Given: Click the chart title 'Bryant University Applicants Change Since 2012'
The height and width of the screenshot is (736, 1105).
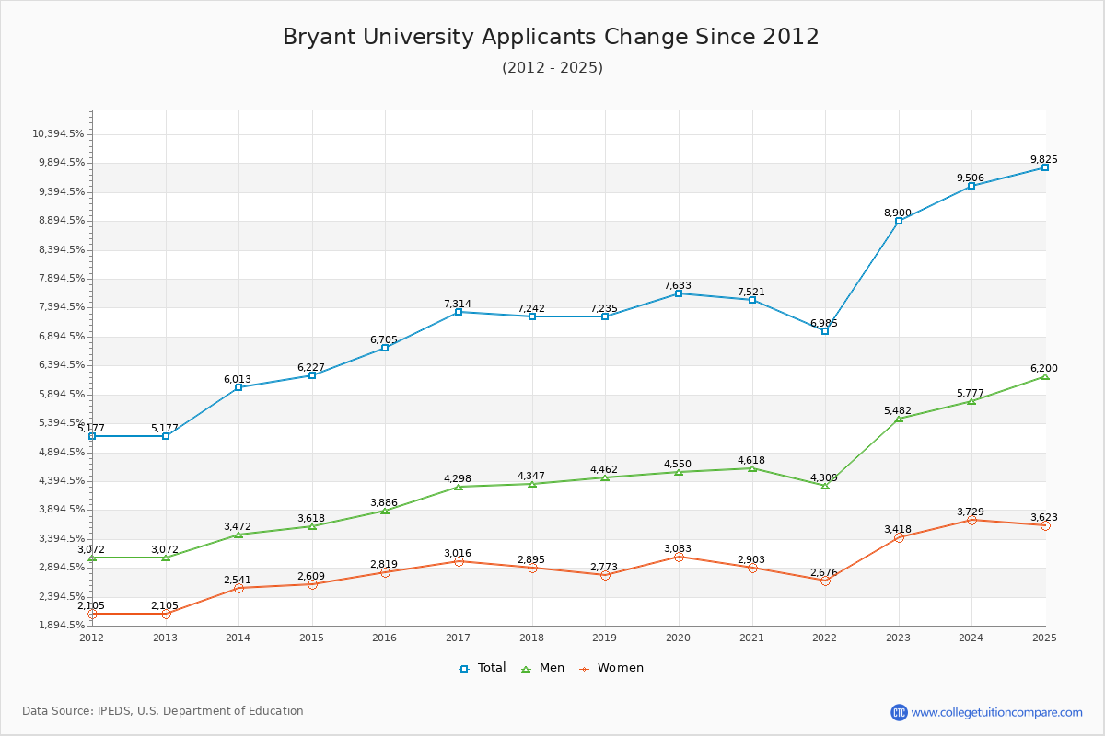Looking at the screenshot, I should pos(551,37).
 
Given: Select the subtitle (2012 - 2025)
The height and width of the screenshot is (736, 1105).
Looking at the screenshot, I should pos(552,68).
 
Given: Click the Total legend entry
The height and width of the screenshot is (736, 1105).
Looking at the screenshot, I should pos(483,668).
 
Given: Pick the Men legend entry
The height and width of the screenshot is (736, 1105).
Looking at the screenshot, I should pos(543,668).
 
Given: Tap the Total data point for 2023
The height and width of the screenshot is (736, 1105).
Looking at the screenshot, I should pos(899,221).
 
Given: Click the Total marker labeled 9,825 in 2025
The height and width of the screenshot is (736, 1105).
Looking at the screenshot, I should pos(1045,167).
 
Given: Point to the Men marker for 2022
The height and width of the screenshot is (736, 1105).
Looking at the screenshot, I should pos(825,485).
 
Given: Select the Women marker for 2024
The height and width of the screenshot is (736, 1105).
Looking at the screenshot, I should pos(971,520).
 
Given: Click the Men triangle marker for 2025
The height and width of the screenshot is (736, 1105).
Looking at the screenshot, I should pos(1045,376).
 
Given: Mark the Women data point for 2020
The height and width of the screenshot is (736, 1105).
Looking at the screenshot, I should pos(679,557).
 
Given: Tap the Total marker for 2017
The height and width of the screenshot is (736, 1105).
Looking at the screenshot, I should pos(459,312).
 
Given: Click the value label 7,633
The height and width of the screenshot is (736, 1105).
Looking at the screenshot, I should pos(678,286).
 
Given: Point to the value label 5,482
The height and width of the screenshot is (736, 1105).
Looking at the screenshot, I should pos(898,411).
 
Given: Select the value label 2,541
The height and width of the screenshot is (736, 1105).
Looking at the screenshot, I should pos(238,581).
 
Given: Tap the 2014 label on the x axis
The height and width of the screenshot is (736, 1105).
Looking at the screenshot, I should pos(238,638).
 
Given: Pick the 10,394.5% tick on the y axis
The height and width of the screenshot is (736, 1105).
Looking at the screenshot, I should pos(58,134).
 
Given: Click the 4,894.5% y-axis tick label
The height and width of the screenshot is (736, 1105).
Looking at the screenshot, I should pos(58,453).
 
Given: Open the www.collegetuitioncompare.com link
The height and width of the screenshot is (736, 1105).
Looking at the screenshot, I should pos(996,712).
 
